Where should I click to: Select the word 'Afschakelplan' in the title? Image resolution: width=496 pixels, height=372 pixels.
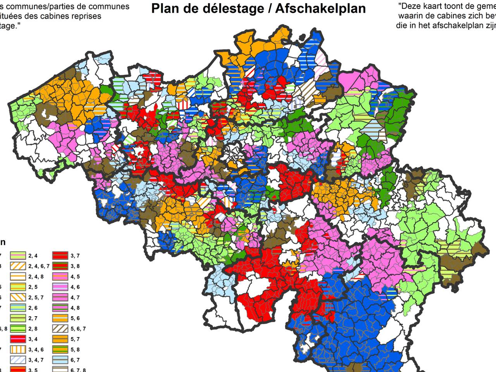320,9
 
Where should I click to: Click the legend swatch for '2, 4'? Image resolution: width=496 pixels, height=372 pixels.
18,255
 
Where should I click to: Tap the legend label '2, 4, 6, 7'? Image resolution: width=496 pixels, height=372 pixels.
39,266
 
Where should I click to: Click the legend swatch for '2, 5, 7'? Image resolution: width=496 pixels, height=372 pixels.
18,297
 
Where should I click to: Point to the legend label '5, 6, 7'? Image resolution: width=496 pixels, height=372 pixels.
78,329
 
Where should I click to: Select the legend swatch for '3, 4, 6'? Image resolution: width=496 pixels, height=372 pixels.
18,350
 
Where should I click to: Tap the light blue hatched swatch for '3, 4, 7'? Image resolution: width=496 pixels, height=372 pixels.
18,360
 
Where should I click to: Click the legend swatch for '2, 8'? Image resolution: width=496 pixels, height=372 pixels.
18,329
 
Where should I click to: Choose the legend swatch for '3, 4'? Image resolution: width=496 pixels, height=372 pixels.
18,339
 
